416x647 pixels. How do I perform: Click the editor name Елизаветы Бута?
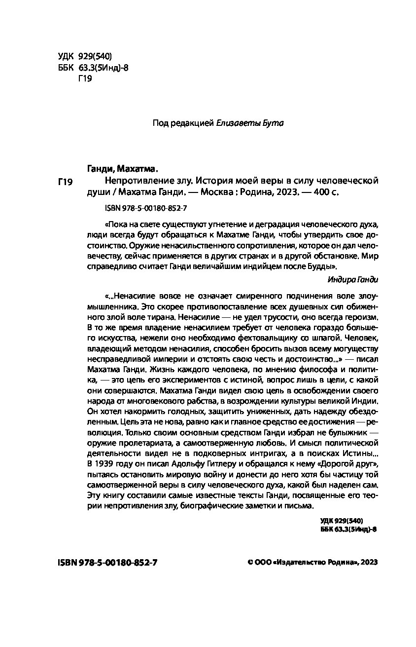(x=250, y=123)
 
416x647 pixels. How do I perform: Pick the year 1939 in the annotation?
(x=104, y=463)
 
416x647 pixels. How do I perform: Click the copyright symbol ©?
(x=249, y=563)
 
